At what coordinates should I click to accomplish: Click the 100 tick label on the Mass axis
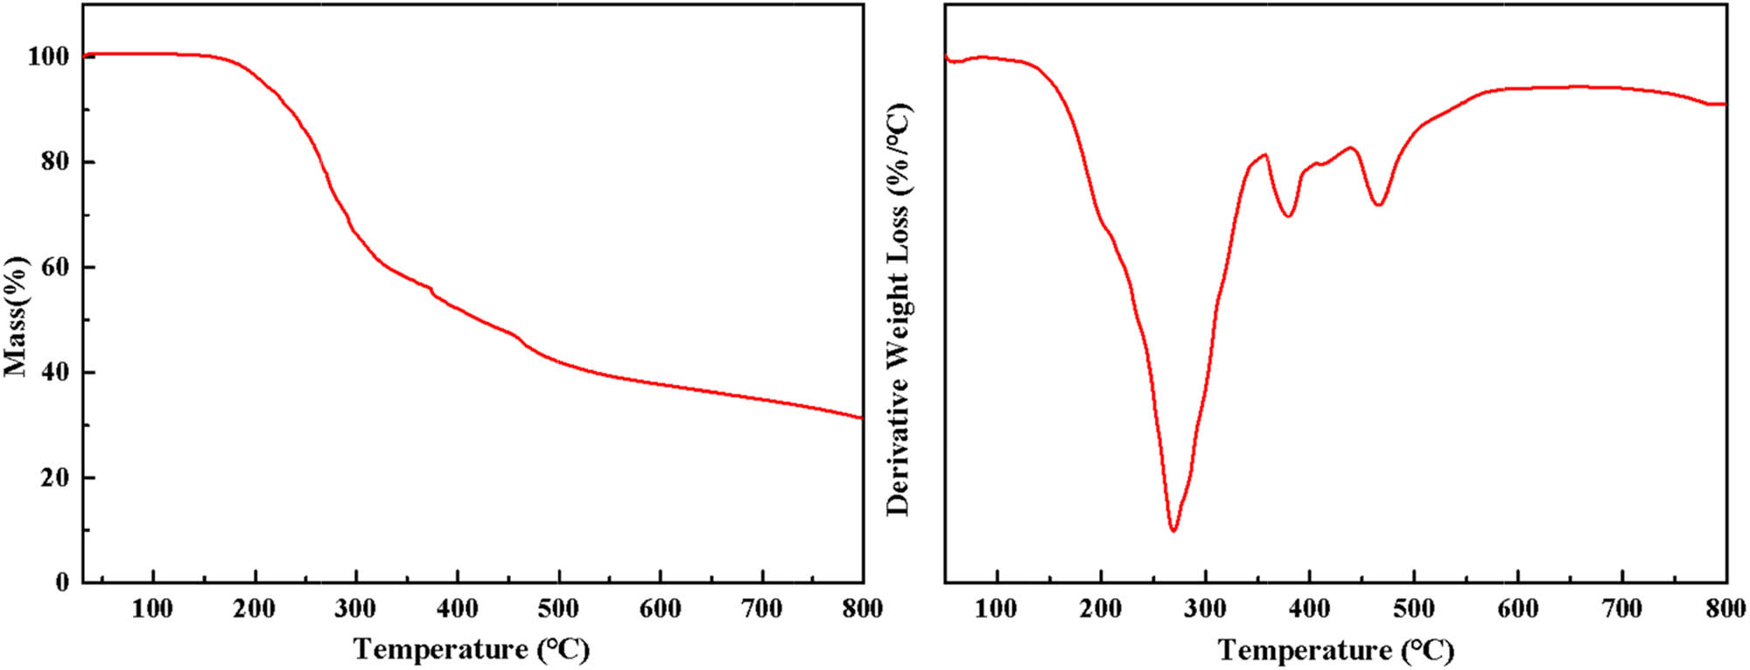(48, 58)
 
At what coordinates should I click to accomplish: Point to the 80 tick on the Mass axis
(55, 163)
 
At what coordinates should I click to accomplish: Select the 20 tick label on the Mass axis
(55, 478)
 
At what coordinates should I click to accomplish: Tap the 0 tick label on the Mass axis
(61, 583)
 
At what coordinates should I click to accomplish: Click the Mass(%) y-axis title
(17, 317)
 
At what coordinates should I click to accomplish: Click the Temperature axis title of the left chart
(472, 650)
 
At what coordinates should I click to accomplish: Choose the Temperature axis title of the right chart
(1335, 651)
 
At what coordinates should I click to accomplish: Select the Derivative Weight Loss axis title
(899, 310)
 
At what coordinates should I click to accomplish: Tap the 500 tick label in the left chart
(558, 610)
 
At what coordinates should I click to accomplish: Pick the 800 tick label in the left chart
(862, 610)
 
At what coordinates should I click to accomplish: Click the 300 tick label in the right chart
(1205, 610)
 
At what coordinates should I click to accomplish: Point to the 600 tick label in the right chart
(1518, 610)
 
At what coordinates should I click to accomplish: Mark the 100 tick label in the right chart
(997, 610)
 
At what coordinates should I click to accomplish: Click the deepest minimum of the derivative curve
(1172, 530)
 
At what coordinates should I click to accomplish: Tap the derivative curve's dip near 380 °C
(1288, 215)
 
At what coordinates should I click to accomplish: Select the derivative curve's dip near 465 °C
(1379, 205)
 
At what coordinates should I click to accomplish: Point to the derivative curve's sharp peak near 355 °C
(1265, 155)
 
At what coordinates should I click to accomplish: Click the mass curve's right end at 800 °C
(862, 417)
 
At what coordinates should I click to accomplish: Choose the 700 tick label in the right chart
(1622, 610)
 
